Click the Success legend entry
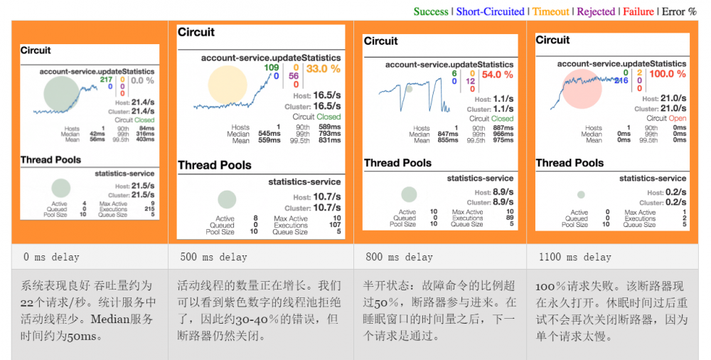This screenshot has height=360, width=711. pyautogui.click(x=431, y=11)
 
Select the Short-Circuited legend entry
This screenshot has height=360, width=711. pyautogui.click(x=490, y=11)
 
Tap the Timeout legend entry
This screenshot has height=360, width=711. pyautogui.click(x=551, y=11)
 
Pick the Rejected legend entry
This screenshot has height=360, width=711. pyautogui.click(x=596, y=11)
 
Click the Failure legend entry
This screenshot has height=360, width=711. pyautogui.click(x=638, y=11)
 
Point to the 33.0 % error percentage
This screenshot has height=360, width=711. pyautogui.click(x=324, y=69)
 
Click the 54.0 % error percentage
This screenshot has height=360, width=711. pyautogui.click(x=497, y=75)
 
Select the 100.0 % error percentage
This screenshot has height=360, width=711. pyautogui.click(x=668, y=74)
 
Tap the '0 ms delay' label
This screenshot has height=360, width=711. pyautogui.click(x=51, y=257)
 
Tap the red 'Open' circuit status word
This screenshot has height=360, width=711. pyautogui.click(x=678, y=119)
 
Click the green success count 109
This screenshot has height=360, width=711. pyautogui.click(x=272, y=68)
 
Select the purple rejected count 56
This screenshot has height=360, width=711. pyautogui.click(x=293, y=76)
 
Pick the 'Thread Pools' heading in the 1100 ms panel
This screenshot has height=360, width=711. pyautogui.click(x=570, y=163)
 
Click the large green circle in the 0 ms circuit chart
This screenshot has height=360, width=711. pyautogui.click(x=61, y=94)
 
